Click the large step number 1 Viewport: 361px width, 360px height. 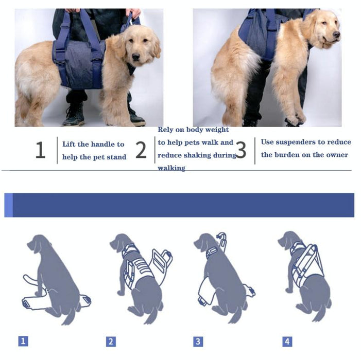(x=40, y=150)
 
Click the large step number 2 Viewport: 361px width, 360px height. (x=141, y=150)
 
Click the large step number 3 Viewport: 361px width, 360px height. (x=240, y=150)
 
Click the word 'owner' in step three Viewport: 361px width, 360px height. (x=337, y=155)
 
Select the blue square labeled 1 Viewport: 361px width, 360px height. (x=23, y=340)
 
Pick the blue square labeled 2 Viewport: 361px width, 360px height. (x=111, y=341)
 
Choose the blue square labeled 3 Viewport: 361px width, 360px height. (x=198, y=341)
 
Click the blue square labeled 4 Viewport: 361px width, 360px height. (x=287, y=341)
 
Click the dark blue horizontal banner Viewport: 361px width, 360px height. (x=180, y=205)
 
